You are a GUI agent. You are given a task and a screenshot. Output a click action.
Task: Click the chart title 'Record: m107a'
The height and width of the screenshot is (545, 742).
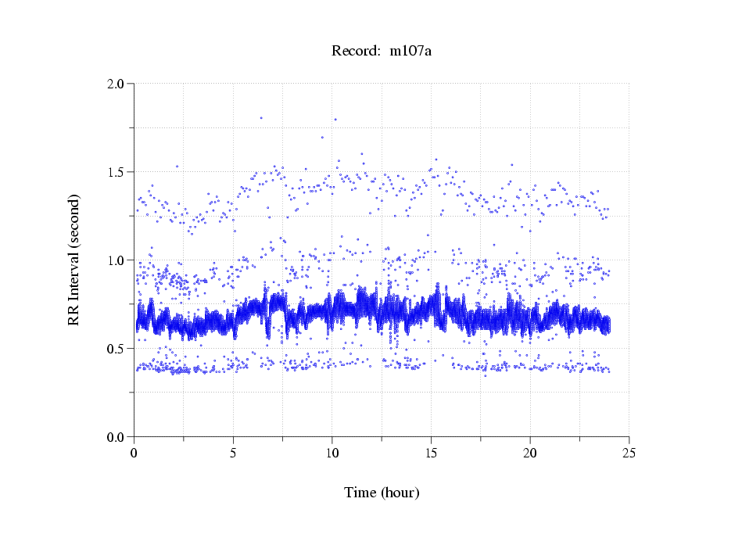click(x=382, y=52)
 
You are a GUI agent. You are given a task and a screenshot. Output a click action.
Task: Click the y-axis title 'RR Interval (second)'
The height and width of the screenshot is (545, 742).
click(x=74, y=260)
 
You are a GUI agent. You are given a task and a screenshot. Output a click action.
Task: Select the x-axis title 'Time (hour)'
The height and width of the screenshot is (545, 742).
click(x=382, y=493)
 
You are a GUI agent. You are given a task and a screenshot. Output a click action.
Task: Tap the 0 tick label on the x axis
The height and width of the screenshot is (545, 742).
click(x=134, y=454)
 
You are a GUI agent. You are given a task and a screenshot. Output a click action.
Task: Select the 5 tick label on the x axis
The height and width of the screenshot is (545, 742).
click(x=233, y=454)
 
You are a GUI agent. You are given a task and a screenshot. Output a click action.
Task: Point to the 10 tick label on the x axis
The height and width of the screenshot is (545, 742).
click(x=332, y=454)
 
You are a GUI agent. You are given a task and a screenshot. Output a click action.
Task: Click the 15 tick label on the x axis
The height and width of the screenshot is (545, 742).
click(x=431, y=454)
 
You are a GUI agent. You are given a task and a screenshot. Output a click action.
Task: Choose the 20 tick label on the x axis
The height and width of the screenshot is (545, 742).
click(x=530, y=454)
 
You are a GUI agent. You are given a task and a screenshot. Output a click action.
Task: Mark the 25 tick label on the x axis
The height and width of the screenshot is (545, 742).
click(x=629, y=454)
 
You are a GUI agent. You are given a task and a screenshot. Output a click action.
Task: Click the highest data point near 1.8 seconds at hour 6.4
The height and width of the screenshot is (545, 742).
click(x=261, y=118)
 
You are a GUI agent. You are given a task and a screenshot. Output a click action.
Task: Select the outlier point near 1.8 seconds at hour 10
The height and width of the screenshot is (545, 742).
click(x=335, y=120)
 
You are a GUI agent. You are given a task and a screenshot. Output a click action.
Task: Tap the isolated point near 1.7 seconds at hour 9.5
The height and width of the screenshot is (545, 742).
click(x=322, y=138)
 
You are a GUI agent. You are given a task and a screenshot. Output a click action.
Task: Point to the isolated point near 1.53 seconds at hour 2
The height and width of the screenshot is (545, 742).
click(x=177, y=166)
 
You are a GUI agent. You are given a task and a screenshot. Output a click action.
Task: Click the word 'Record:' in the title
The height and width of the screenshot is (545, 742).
click(x=356, y=52)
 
